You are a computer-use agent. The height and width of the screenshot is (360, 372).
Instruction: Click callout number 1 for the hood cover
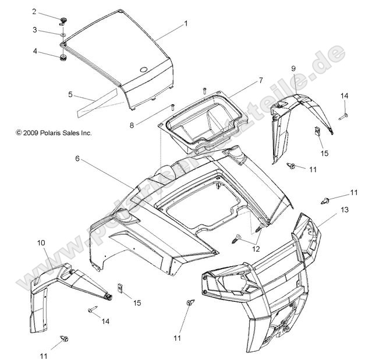186,24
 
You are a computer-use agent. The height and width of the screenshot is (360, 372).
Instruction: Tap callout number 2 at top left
50,11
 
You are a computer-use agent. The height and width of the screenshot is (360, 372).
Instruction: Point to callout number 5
70,94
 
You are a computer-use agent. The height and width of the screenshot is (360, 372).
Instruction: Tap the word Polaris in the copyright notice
56,133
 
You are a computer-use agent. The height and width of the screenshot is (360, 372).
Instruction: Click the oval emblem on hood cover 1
143,69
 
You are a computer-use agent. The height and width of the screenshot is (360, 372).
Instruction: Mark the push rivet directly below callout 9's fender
292,167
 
